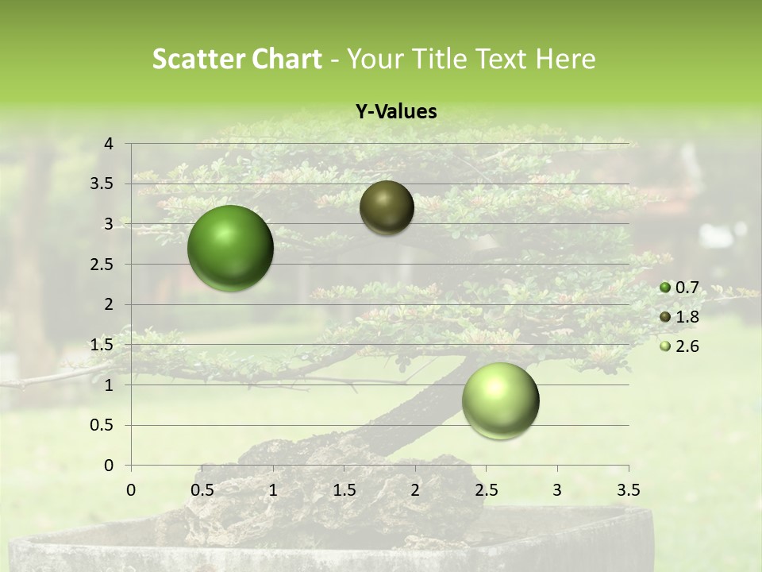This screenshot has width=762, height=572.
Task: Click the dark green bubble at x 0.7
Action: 231,248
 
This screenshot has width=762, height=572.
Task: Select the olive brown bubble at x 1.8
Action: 387,207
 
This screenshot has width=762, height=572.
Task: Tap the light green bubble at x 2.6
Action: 500,400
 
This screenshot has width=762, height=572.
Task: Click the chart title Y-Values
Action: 396,112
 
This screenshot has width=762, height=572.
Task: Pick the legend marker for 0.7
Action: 665,288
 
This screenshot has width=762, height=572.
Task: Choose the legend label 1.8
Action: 687,317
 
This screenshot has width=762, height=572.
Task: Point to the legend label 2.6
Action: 687,346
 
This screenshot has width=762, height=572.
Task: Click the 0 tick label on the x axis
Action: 131,489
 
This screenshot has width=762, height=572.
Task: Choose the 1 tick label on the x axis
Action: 273,489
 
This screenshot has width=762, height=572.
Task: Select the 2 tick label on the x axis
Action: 415,489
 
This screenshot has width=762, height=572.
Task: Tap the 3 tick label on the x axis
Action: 557,489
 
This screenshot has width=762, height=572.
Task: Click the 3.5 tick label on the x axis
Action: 628,489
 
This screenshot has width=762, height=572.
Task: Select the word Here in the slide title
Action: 565,59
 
